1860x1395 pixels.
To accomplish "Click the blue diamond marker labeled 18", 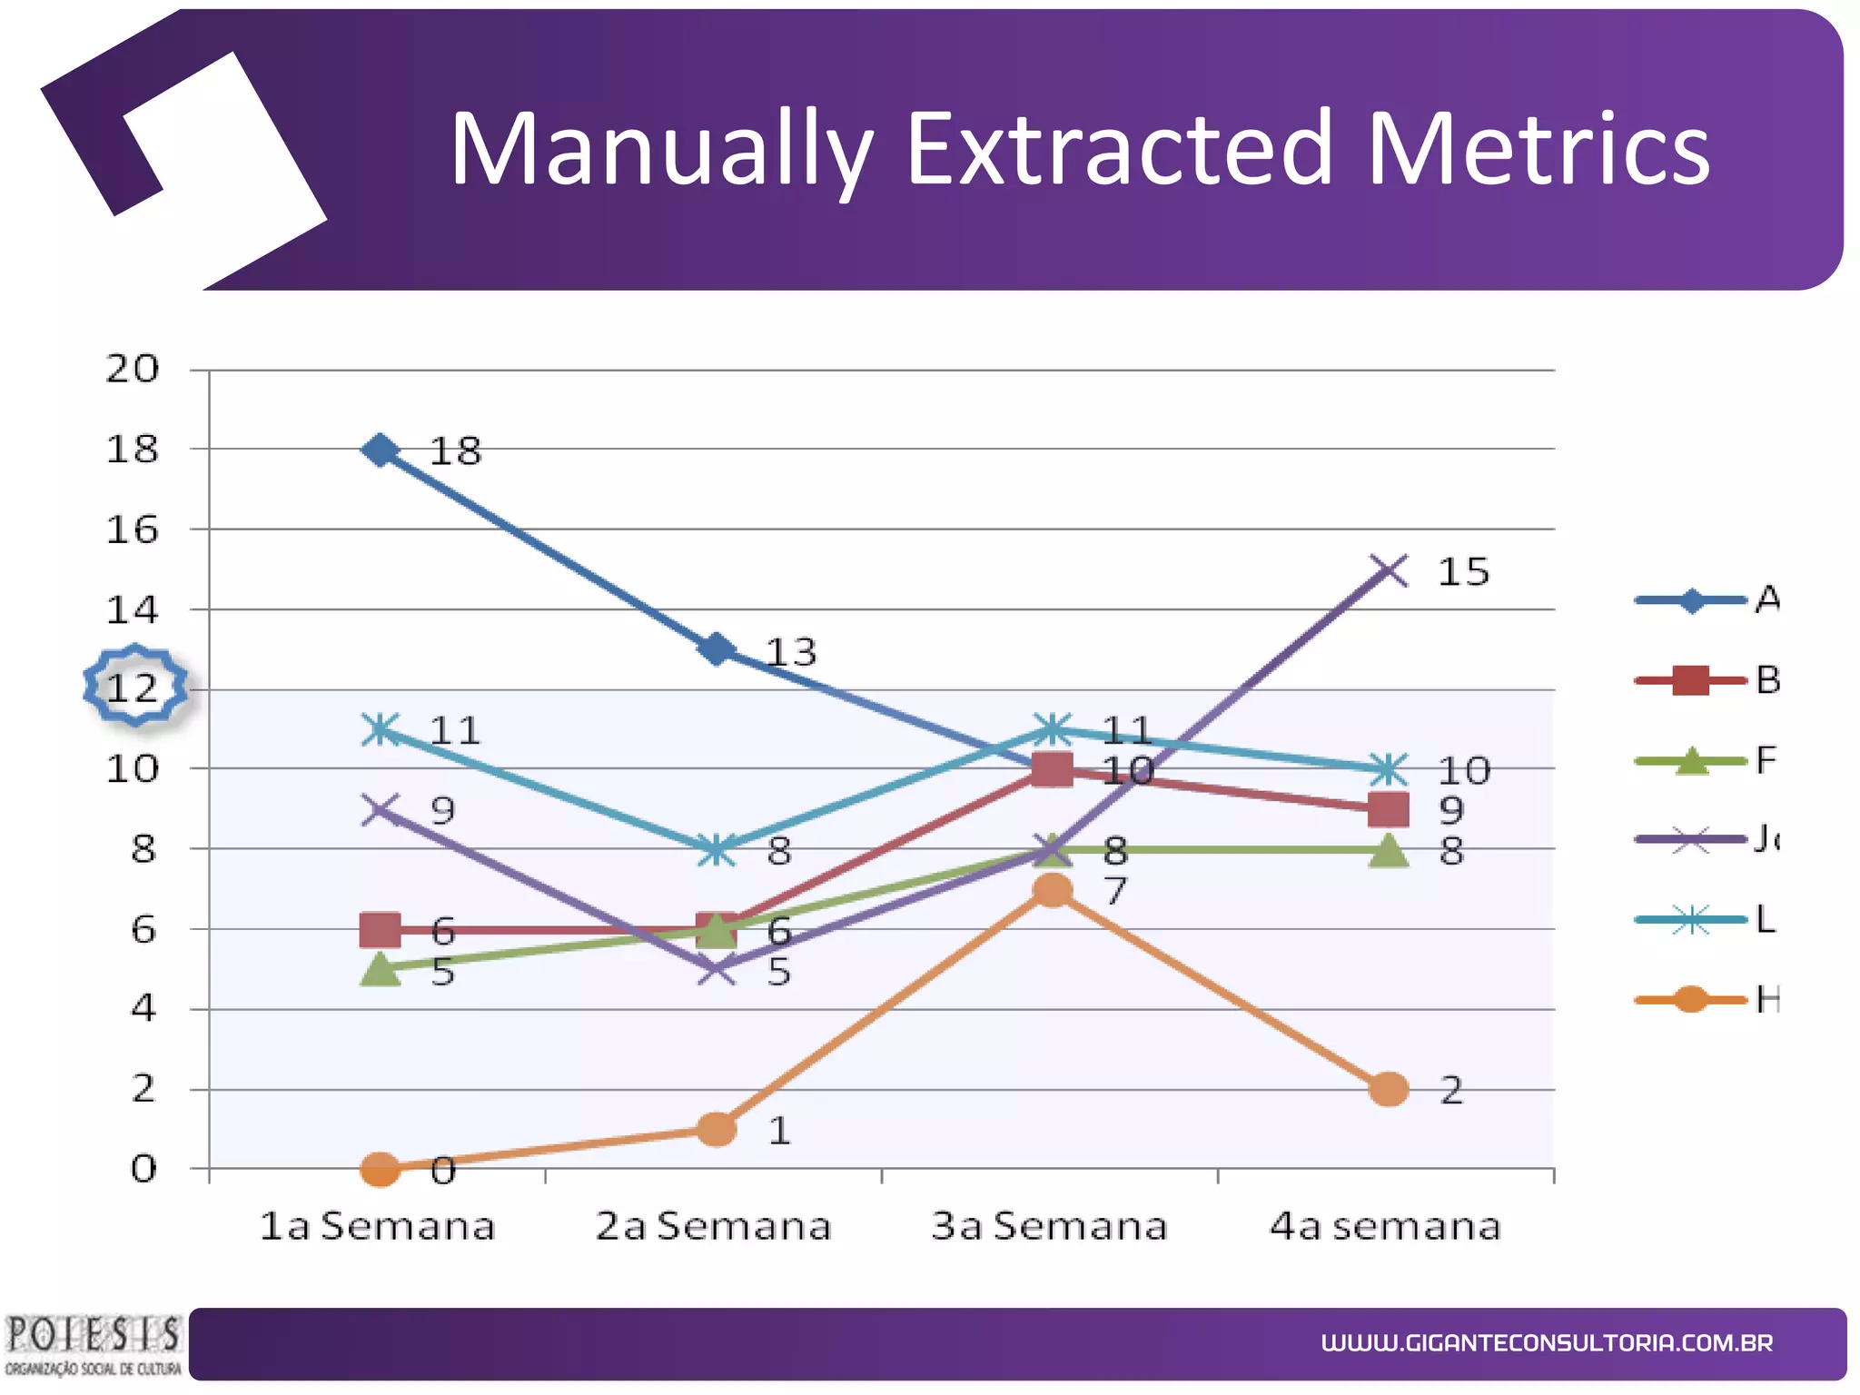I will pyautogui.click(x=381, y=450).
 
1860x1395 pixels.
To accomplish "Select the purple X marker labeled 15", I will pyautogui.click(x=1388, y=570).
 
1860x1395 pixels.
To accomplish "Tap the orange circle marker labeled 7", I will pyautogui.click(x=1052, y=891).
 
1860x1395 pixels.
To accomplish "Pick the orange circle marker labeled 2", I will pyautogui.click(x=1388, y=1089).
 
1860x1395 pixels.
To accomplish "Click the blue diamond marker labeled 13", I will pyautogui.click(x=717, y=649).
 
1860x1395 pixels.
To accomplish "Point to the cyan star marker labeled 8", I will pyautogui.click(x=717, y=850).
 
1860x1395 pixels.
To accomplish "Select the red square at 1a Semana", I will pyautogui.click(x=381, y=930).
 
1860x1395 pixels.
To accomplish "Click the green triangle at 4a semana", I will pyautogui.click(x=1388, y=851).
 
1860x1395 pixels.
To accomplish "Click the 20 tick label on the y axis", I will pyautogui.click(x=133, y=369).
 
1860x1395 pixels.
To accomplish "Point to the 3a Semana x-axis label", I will pyautogui.click(x=1049, y=1226).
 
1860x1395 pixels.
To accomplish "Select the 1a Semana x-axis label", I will pyautogui.click(x=377, y=1226).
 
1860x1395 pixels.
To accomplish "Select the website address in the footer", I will pyautogui.click(x=1547, y=1342).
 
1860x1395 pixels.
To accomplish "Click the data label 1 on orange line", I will pyautogui.click(x=779, y=1131).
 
